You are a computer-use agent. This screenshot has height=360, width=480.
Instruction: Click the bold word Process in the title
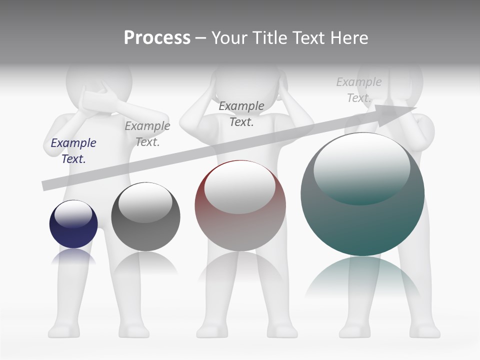157,37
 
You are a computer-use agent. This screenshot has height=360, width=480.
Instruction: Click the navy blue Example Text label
73,150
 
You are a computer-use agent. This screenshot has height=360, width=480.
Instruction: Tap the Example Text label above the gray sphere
147,134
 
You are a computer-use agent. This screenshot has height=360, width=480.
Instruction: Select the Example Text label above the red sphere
241,113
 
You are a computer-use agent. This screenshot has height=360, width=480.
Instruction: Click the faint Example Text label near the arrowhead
359,90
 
